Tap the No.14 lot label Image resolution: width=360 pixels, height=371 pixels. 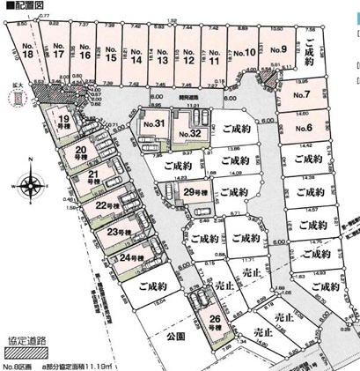click(x=137, y=58)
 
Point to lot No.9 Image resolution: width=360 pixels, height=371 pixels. click(x=279, y=50)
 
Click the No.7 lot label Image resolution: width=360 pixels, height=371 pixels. click(x=301, y=94)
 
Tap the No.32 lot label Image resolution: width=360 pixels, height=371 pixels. click(x=189, y=133)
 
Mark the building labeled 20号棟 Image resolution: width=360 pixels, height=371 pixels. click(x=82, y=153)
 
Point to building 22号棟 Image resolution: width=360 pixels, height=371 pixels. click(x=106, y=205)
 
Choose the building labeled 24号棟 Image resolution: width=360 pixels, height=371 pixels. click(x=130, y=258)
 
